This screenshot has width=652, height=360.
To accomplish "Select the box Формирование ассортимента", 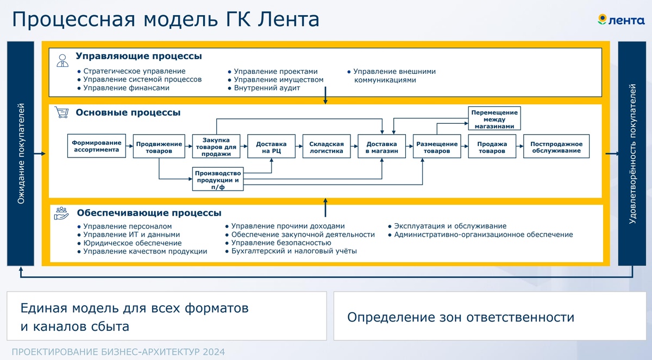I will click(96, 146).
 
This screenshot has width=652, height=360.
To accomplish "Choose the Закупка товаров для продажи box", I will click(216, 147).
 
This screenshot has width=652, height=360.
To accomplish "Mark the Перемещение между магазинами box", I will click(494, 119).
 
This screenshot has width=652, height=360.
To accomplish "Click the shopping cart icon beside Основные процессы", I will click(62, 113).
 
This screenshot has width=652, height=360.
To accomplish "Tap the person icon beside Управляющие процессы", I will click(62, 60).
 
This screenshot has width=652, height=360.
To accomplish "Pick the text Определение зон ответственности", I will click(460, 317).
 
